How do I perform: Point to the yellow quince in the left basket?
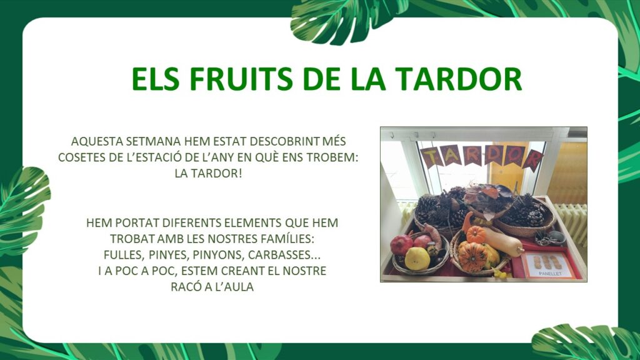pos(417,258)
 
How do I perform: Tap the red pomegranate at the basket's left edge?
pos(401,244)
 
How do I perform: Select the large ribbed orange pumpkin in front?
pos(473,256)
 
